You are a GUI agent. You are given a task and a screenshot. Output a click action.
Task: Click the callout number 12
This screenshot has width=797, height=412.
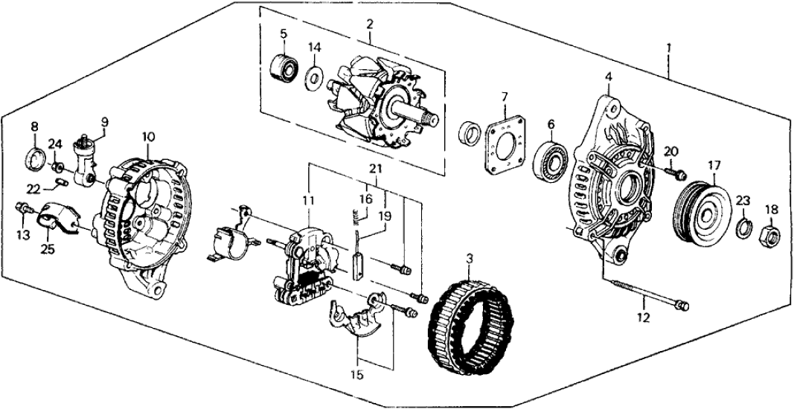pyautogui.click(x=643, y=318)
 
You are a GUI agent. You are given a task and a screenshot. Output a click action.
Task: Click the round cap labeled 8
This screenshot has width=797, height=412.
pyautogui.click(x=35, y=158)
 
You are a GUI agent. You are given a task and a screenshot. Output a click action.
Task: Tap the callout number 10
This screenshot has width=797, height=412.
pyautogui.click(x=149, y=137)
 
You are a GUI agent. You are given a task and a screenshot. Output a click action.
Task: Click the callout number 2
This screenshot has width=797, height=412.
pyautogui.click(x=368, y=23)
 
